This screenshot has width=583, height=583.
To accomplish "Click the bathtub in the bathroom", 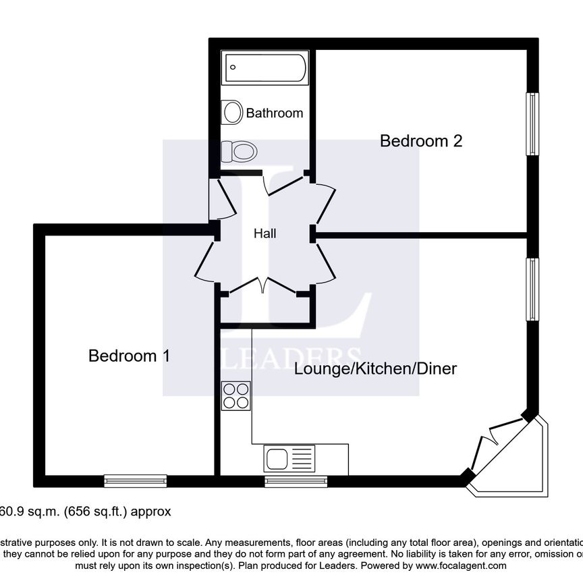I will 266,67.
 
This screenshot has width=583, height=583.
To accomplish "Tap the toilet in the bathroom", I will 239,150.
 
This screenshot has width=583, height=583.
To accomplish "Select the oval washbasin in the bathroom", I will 233,111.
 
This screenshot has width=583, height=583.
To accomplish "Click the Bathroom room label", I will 274,113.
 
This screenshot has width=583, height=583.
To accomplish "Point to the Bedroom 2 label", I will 420,141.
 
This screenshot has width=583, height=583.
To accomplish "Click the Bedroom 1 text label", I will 129,356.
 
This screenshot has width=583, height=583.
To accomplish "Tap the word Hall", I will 265,234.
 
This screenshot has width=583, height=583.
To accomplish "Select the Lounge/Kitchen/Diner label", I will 376,369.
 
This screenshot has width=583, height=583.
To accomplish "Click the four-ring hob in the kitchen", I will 235,395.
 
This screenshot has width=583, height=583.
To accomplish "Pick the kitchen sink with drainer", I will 290,460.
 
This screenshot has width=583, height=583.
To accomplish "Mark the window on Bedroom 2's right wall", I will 533,124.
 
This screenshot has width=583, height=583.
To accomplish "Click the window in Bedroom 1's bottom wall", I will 135,480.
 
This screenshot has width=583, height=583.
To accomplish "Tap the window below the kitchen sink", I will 296,480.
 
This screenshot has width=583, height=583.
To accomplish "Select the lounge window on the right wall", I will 533,289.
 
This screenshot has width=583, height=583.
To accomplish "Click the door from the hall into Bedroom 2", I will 325,202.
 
